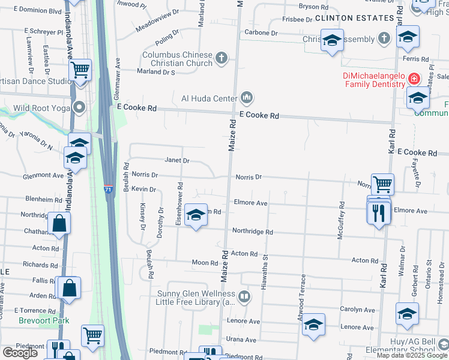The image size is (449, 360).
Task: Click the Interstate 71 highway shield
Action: click(x=108, y=188)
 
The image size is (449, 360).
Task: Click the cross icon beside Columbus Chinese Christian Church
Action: click(x=221, y=58)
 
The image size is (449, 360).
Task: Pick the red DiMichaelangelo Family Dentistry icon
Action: click(x=414, y=79)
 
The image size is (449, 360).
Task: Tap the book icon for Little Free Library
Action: click(x=244, y=296)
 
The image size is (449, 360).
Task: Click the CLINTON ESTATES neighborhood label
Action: click(x=354, y=19)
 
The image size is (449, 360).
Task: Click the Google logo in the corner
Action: click(x=20, y=353)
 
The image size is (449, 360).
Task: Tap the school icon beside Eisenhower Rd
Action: click(x=196, y=215)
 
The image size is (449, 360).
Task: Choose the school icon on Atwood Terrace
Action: click(x=313, y=324)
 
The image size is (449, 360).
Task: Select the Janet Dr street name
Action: click(x=177, y=161)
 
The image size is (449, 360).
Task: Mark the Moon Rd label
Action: click(x=205, y=263)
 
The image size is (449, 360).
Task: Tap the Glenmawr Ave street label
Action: click(x=118, y=79)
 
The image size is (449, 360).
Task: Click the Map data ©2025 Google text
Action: click(x=411, y=355)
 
